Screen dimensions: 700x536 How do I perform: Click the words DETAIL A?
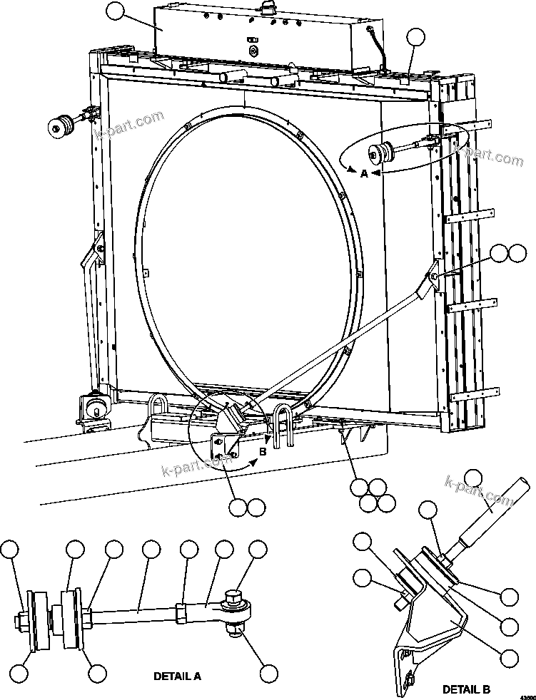[176, 676]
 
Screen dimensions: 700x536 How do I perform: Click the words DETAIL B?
[466, 689]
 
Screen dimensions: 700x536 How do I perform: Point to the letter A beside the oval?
[363, 173]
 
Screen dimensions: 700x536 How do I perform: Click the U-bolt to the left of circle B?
[158, 411]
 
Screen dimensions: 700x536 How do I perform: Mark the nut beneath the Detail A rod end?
[236, 628]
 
